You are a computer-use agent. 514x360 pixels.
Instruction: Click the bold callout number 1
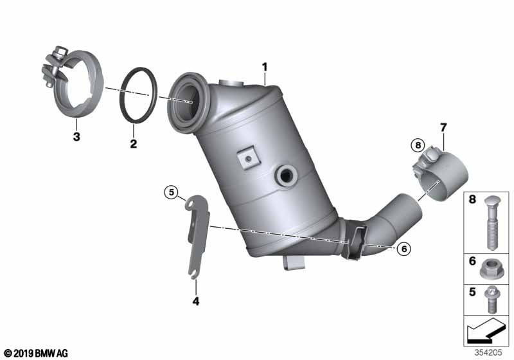265,67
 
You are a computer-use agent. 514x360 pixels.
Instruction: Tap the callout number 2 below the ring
134,143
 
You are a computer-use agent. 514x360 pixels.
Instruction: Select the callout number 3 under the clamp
76,136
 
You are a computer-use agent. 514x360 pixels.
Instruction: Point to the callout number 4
196,301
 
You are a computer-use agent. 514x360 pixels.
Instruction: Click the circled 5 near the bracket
172,192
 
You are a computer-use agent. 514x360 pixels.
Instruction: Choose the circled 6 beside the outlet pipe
404,249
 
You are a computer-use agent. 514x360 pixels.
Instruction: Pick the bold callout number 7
443,127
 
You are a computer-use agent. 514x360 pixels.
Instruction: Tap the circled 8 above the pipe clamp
418,145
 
